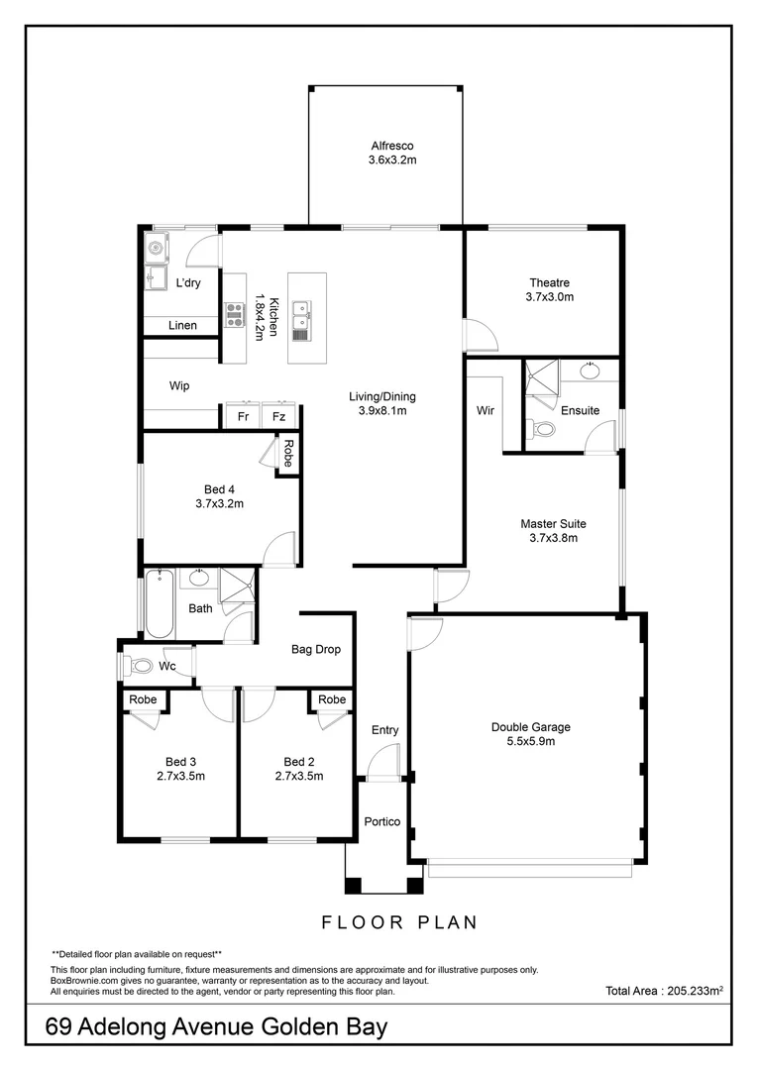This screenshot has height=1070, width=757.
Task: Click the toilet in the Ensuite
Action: click(541, 429)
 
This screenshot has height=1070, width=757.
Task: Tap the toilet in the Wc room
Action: click(138, 666)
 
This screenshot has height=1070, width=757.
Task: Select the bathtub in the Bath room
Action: click(160, 603)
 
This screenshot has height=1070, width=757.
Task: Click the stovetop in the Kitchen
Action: click(235, 315)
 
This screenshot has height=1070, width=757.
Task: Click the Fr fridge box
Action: click(243, 417)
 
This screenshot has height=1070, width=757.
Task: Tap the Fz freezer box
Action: click(280, 417)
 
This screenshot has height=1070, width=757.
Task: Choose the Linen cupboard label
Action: click(182, 325)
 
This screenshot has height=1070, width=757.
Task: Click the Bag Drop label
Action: click(315, 650)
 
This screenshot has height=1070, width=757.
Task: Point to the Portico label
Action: click(382, 821)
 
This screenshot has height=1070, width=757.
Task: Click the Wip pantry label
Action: click(179, 386)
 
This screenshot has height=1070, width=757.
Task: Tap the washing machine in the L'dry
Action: click(157, 247)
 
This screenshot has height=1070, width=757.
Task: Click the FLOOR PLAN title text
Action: click(399, 922)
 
